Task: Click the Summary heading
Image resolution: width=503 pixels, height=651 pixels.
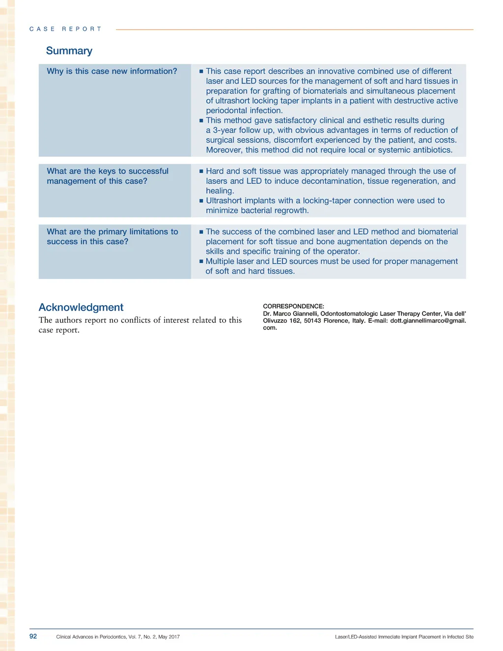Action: click(69, 51)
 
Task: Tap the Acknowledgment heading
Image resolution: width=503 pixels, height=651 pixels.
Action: click(81, 307)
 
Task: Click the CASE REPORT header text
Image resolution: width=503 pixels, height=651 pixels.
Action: click(65, 29)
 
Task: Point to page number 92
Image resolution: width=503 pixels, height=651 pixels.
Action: click(33, 636)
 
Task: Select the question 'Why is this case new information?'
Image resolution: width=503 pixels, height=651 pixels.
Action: click(112, 71)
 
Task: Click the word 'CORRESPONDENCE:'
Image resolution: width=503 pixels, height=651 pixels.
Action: click(294, 306)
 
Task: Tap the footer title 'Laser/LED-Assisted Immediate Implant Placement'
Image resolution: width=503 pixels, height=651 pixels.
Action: click(388, 637)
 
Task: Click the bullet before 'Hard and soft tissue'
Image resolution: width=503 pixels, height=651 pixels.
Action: click(201, 171)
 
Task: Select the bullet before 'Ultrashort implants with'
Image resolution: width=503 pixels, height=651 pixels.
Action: click(201, 201)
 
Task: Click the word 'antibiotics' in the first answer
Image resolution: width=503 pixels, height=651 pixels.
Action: click(432, 150)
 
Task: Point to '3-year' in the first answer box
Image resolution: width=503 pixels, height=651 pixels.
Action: click(225, 130)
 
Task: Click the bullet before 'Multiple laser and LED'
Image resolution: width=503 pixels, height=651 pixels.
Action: click(201, 261)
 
